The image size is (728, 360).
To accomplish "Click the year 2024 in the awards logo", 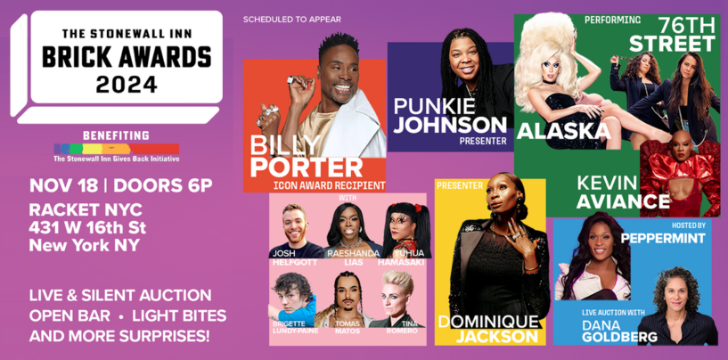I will click(127, 85).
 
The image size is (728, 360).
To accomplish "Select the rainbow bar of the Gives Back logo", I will click(116, 149).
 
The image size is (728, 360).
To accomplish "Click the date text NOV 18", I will click(61, 186).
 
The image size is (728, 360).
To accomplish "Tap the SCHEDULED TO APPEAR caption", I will click(292, 19).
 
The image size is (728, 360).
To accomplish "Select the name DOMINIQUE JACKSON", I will click(488, 328).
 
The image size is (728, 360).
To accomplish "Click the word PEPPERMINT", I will click(663, 239).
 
